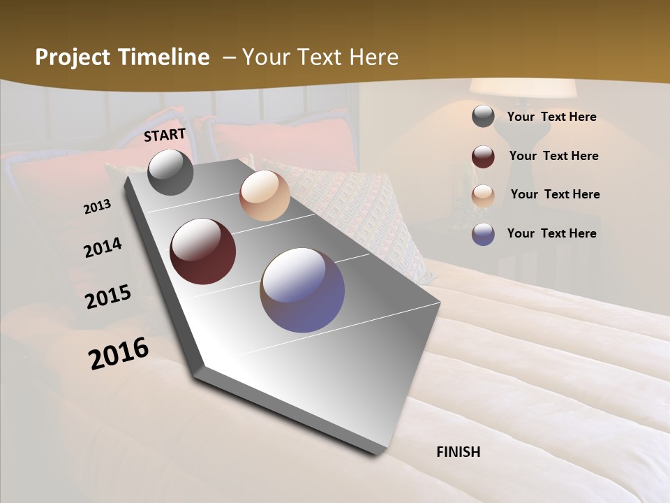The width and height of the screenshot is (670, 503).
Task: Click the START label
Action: (x=165, y=135)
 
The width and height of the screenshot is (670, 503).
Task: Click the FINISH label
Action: (x=459, y=452)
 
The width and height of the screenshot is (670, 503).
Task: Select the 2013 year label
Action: (x=98, y=207)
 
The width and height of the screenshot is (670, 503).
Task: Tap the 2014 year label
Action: (x=103, y=248)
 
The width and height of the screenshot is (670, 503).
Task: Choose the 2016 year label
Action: (x=119, y=353)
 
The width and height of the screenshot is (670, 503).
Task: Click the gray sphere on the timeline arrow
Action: (x=170, y=173)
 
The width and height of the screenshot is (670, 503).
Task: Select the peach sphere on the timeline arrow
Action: (x=265, y=196)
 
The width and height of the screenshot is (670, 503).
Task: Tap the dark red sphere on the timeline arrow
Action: (x=203, y=251)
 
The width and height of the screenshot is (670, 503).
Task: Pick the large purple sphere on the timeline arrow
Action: (x=302, y=290)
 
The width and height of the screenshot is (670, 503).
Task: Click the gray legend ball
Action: (x=483, y=117)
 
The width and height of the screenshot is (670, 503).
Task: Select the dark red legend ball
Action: (x=483, y=156)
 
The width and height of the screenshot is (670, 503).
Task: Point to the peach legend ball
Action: (x=483, y=196)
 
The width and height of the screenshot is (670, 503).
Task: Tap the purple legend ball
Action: (x=483, y=234)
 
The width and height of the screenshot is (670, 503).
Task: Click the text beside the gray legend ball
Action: (x=551, y=117)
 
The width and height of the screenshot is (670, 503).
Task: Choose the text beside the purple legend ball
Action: (x=551, y=233)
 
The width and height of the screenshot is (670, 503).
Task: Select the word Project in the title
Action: (x=72, y=57)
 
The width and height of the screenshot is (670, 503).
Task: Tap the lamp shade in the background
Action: (x=522, y=88)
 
